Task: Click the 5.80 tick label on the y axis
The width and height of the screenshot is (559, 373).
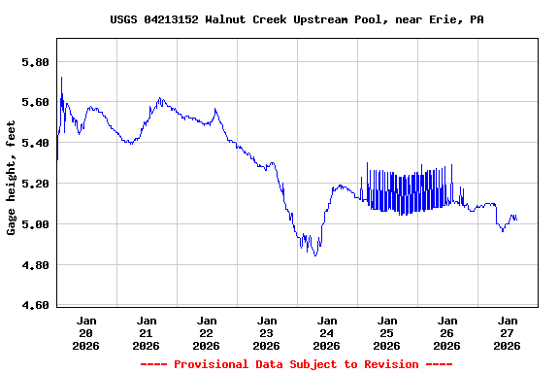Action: click(x=35, y=62)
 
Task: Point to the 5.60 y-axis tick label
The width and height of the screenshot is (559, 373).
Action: click(x=35, y=102)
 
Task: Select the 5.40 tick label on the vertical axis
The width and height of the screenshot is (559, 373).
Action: click(x=35, y=143)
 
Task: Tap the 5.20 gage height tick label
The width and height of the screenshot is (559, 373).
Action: click(x=35, y=184)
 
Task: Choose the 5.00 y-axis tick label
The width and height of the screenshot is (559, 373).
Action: click(x=35, y=224)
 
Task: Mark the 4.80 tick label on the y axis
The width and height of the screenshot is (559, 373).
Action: click(x=35, y=265)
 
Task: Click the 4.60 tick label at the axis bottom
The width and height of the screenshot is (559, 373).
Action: click(x=35, y=305)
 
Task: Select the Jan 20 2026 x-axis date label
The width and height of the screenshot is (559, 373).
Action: click(x=86, y=332)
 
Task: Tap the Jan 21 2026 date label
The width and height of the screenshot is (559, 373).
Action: click(x=147, y=332)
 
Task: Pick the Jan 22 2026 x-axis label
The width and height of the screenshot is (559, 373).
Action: click(x=207, y=332)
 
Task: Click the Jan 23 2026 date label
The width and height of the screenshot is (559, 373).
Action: click(x=267, y=332)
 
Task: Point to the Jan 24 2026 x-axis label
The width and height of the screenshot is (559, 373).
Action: click(x=327, y=332)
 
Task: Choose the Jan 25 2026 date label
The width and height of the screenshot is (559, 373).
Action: click(x=387, y=332)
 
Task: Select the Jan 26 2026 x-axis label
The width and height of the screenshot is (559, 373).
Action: click(x=447, y=332)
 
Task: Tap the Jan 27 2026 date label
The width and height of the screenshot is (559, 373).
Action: click(x=508, y=332)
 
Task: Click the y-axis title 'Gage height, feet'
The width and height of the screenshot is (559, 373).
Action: click(x=12, y=178)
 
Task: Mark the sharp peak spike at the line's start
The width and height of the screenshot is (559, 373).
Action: click(x=61, y=78)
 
